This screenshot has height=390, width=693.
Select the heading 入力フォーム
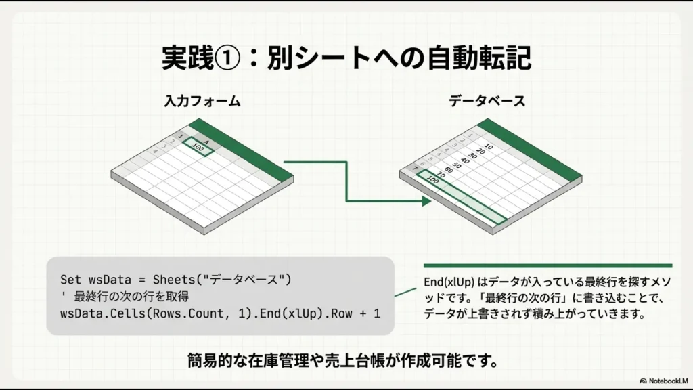(202, 102)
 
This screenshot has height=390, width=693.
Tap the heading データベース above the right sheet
(487, 102)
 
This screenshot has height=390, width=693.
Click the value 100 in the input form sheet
(198, 148)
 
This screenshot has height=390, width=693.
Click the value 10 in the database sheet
(489, 146)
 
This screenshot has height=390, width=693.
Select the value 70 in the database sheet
(439, 175)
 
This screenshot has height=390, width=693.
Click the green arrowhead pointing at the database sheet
(426, 201)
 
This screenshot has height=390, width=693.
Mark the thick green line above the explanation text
(547, 265)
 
